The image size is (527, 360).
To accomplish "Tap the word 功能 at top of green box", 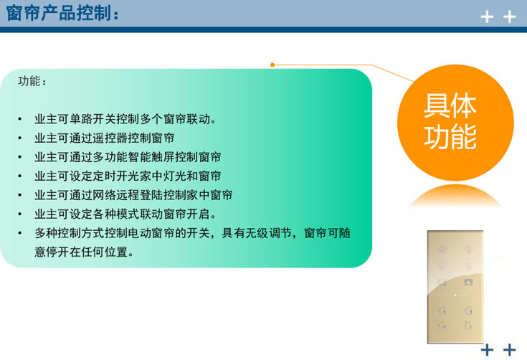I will [32, 82].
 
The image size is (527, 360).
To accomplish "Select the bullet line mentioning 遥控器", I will [105, 138].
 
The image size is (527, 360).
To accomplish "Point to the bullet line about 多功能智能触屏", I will [128, 157].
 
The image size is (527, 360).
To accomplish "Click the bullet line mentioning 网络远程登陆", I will [133, 195].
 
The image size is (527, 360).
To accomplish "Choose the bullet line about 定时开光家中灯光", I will [128, 176].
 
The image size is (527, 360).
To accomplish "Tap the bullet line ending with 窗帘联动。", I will [125, 118].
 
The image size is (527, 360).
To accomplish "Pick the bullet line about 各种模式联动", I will [125, 214].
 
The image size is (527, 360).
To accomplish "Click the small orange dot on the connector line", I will [272, 65].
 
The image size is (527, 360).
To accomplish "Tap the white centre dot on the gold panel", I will [455, 295].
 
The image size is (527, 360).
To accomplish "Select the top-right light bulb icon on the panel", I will [468, 250].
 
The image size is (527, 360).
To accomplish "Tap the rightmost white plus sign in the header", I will [510, 16].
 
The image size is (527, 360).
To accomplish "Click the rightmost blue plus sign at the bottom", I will [510, 349].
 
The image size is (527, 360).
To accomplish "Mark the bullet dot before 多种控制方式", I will [21, 234].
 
